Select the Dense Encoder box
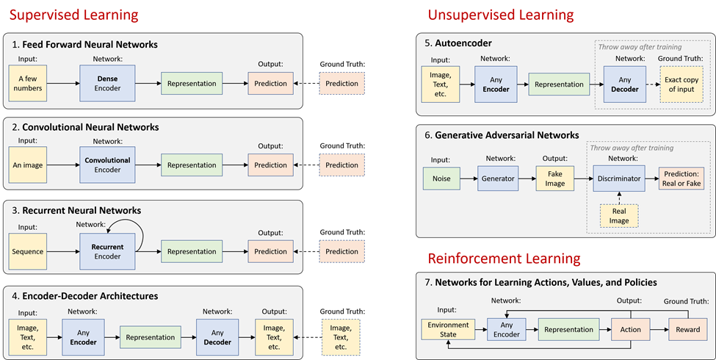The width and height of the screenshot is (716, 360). [107, 83]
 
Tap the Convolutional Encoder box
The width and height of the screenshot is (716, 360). [107, 165]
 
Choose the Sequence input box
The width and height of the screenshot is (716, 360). [29, 251]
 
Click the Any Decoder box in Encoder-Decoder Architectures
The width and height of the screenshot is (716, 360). [217, 337]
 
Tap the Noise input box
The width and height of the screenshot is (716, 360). [442, 178]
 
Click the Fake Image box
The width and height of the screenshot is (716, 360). [555, 178]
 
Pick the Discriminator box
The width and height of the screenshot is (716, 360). [618, 178]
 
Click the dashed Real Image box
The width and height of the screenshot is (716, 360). [618, 215]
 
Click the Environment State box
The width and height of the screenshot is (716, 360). [448, 330]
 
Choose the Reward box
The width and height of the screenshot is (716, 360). [683, 330]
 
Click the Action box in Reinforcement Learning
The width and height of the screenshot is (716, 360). [630, 330]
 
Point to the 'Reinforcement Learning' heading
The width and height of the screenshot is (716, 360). [505, 259]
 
